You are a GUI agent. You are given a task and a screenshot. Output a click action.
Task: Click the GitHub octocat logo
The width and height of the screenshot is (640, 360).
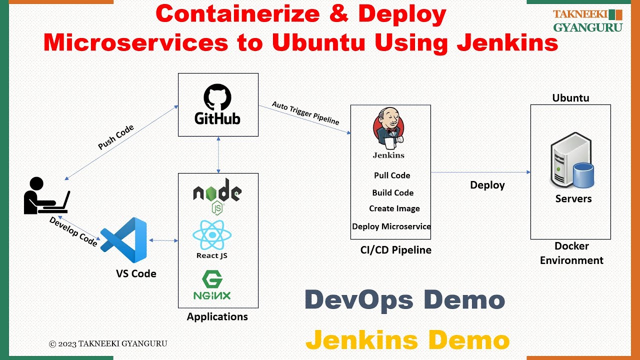tap(217, 97)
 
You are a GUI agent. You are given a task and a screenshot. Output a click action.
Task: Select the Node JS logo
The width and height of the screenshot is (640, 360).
tap(217, 194)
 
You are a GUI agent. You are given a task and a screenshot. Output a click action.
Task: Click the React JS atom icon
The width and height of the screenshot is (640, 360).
tap(212, 235)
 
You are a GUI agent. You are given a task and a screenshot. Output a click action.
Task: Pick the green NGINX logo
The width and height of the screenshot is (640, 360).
tap(212, 285)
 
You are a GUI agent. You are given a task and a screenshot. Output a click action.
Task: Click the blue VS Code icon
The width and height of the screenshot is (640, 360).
tap(124, 240)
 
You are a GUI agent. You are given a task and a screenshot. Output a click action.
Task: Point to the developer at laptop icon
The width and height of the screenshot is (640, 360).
tap(45, 195)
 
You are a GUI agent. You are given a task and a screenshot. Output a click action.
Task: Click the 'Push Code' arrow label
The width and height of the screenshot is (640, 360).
tap(116, 137)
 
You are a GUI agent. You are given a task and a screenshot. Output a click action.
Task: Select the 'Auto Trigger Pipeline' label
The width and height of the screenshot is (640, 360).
tap(305, 113)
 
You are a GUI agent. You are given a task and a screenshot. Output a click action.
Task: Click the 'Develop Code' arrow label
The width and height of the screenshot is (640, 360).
tap(73, 231)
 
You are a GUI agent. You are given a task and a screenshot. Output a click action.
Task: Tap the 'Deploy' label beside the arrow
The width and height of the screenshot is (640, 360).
tap(487, 185)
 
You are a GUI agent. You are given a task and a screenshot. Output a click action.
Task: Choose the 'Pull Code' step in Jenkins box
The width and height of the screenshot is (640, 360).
tap(392, 175)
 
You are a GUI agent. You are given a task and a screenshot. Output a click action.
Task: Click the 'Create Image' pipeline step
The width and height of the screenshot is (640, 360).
tap(394, 208)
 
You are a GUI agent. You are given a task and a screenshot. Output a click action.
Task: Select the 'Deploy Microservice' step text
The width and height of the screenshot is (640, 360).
tap(391, 226)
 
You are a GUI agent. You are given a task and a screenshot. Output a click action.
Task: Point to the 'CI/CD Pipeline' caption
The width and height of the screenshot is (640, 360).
tap(395, 250)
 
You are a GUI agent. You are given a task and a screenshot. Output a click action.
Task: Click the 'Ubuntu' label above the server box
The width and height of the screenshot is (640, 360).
tap(570, 98)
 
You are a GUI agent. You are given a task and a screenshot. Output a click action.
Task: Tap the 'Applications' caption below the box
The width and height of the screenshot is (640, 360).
tap(217, 316)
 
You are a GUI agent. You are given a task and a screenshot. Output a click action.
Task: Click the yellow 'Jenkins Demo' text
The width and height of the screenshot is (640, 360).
tap(407, 340)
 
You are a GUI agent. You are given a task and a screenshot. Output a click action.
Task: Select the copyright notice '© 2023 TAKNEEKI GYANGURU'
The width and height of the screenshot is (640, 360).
tap(108, 343)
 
